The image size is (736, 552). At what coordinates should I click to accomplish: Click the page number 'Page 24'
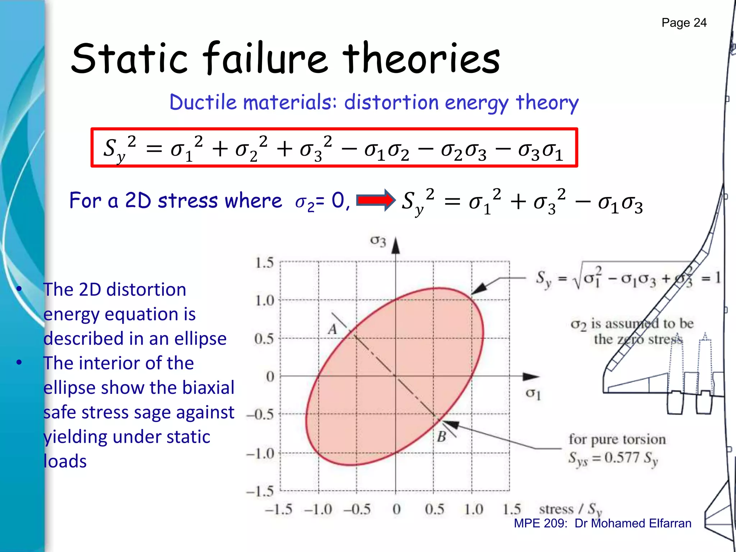[684, 23]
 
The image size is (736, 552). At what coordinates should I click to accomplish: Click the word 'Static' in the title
[129, 58]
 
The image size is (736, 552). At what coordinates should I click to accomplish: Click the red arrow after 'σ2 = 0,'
[375, 200]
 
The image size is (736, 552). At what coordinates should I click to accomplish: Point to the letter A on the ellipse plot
[333, 329]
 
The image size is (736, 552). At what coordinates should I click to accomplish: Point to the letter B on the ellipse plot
[442, 437]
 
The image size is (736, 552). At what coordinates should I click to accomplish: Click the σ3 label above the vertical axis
[378, 241]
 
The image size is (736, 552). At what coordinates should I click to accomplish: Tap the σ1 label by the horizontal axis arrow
[533, 394]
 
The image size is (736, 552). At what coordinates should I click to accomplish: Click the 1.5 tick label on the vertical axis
[264, 263]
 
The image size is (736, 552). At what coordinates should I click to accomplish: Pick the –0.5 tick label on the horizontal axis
[357, 509]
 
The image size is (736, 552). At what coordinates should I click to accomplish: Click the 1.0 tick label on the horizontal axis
[473, 509]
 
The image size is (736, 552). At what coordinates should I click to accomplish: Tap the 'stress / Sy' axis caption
[570, 510]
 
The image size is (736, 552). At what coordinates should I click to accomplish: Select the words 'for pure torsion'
[617, 439]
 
